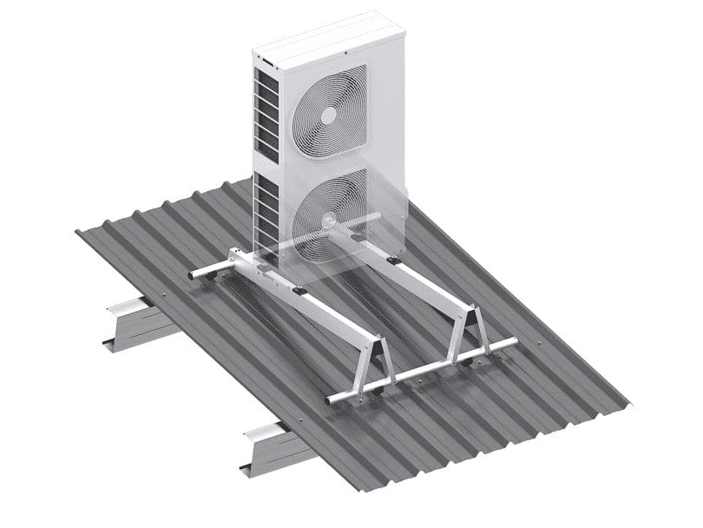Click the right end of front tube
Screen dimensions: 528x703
514,342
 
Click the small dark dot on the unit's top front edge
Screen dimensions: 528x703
345,53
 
